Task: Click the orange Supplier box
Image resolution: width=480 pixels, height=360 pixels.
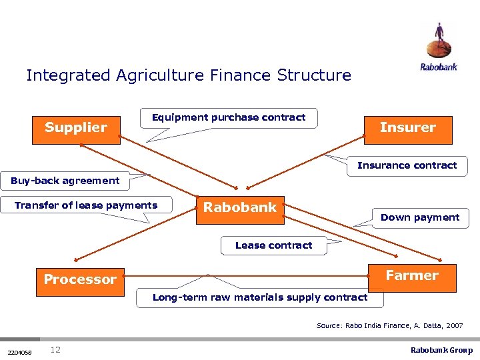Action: (76, 128)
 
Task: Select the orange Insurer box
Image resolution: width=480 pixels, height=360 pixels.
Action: (408, 128)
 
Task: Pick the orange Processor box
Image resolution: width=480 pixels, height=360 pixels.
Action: (80, 279)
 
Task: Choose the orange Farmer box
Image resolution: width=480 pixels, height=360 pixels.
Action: (412, 276)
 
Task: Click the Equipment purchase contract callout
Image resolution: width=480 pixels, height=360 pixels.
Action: (229, 118)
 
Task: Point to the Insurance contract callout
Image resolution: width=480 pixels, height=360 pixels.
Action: (407, 165)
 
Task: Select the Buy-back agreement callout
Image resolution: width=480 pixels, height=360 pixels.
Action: (65, 181)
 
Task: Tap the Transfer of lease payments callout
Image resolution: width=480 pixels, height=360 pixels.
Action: (87, 205)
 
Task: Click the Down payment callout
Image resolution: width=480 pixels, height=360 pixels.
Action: (420, 217)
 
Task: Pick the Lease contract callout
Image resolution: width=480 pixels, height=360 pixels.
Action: (273, 245)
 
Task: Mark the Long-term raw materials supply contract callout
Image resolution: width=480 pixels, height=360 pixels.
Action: (260, 297)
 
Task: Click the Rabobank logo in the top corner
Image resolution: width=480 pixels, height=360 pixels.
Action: (439, 47)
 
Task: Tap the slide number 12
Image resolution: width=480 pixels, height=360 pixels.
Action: (55, 350)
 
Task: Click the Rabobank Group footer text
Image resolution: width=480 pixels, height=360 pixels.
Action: (441, 350)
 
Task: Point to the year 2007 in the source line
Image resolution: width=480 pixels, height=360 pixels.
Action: (454, 325)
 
